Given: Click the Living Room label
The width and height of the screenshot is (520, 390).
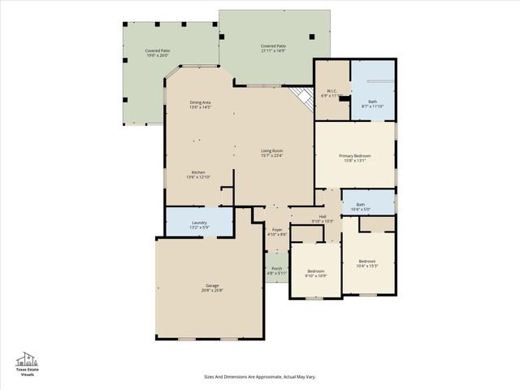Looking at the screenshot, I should [x=271, y=151].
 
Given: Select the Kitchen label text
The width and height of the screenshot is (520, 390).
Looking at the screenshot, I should [x=198, y=172].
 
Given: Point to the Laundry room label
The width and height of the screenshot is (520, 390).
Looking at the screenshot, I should [x=199, y=223].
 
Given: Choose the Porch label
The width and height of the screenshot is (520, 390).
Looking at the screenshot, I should [x=276, y=268].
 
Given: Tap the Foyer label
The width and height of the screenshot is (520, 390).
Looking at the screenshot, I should [x=276, y=230].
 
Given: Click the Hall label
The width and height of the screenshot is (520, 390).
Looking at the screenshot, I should [x=323, y=216].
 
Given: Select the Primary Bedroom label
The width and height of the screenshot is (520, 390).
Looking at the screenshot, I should [x=355, y=155].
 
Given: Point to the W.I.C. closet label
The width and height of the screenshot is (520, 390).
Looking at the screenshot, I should [x=331, y=90].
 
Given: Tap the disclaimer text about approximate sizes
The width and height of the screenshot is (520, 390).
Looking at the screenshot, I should [x=259, y=376].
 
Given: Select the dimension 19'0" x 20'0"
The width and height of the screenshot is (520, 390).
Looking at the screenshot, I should [x=158, y=55].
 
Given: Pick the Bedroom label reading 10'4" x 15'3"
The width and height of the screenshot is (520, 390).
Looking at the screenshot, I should [x=366, y=263].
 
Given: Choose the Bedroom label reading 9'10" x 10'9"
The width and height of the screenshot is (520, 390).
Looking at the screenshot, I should [x=315, y=273].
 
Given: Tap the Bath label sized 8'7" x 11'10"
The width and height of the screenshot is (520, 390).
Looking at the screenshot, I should [x=372, y=103].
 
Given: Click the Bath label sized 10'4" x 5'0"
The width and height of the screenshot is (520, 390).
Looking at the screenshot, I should [x=360, y=207].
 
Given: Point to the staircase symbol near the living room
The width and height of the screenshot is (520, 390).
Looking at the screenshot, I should [x=304, y=99].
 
